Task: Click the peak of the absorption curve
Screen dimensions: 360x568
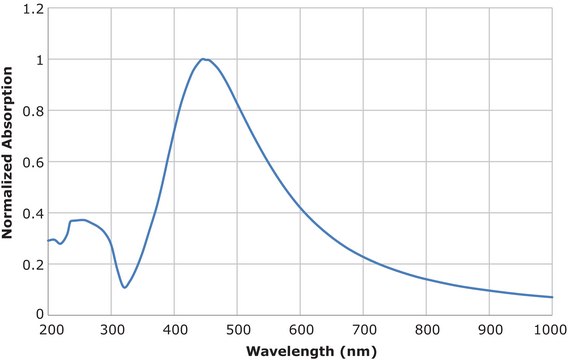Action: tap(203, 59)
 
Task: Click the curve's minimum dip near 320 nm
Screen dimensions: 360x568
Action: tap(124, 288)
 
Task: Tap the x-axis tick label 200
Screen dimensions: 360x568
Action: tap(49, 329)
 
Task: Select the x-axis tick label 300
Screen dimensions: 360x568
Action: tap(112, 329)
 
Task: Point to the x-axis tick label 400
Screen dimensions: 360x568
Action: tap(175, 329)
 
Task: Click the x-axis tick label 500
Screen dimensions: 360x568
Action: tap(238, 329)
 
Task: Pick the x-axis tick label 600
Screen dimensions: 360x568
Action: tap(301, 329)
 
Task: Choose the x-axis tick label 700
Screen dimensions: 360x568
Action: tap(364, 329)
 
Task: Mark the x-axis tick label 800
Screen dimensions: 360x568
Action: tap(427, 329)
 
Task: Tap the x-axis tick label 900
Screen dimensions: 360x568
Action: tap(490, 329)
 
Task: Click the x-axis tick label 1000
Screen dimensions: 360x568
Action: tap(549, 329)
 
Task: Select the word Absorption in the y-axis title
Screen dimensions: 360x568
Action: tap(8, 111)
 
